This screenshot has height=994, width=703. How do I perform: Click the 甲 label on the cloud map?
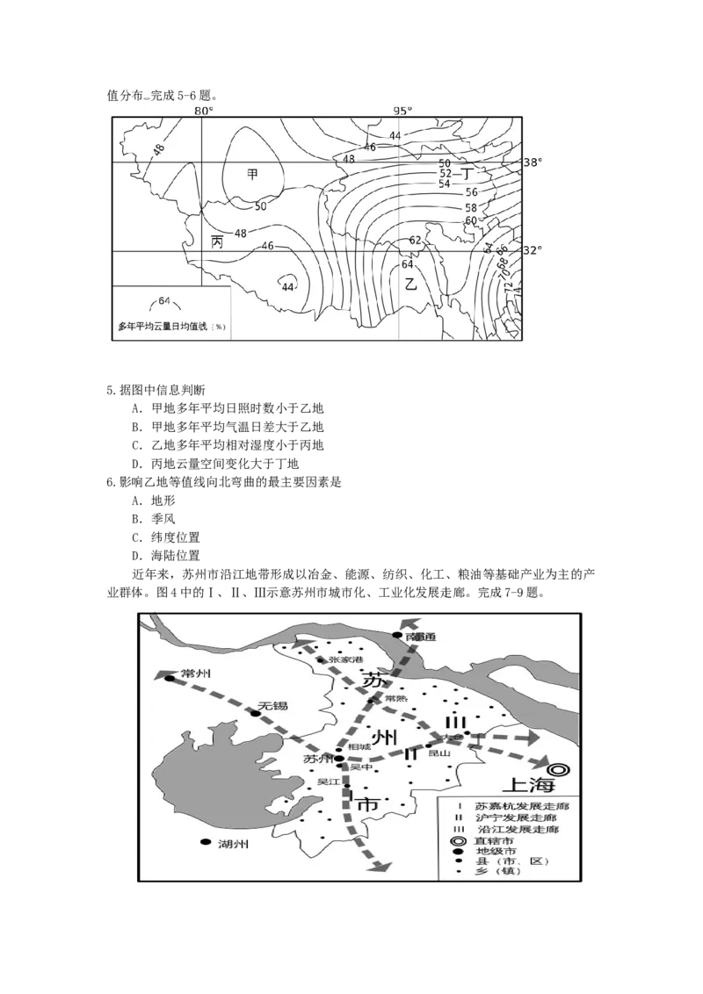click(252, 175)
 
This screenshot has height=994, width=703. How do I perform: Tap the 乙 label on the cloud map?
click(410, 284)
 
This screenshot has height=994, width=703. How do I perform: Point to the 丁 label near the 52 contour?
click(467, 174)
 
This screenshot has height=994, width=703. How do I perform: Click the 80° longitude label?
click(203, 112)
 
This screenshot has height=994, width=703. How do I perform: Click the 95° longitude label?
click(402, 112)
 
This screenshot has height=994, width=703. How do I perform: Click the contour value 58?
click(471, 207)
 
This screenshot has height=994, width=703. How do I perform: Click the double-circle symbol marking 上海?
click(560, 769)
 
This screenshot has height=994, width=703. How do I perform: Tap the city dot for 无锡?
click(256, 714)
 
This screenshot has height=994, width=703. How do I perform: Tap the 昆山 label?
click(438, 753)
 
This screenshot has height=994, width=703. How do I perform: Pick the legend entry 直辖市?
click(493, 840)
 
